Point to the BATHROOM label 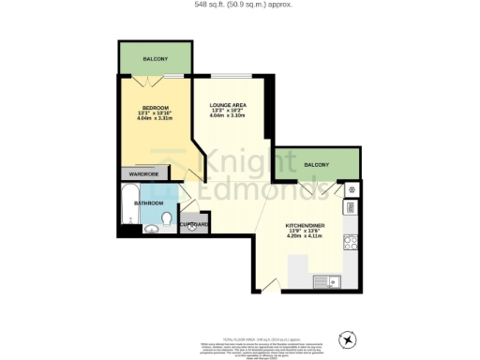tap(148, 202)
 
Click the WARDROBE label tap(143, 174)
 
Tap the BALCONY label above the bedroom tap(156, 59)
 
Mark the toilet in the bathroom tap(165, 220)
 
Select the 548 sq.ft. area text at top tap(240, 5)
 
